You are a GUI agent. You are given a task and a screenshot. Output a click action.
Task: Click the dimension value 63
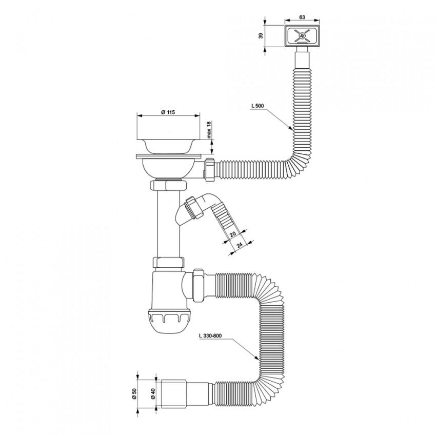[x=302, y=17]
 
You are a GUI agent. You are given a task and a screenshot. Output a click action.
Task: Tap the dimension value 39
[x=261, y=36]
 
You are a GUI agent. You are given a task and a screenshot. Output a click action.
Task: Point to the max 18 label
[x=209, y=130]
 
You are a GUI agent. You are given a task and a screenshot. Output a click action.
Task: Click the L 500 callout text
[x=257, y=106]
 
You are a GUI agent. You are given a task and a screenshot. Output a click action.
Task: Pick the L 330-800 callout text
[x=210, y=335]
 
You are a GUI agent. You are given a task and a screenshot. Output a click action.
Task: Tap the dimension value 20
[x=233, y=234]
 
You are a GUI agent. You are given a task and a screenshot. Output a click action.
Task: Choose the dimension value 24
[x=239, y=245]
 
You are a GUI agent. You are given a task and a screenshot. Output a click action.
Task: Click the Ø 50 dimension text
[x=134, y=394]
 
